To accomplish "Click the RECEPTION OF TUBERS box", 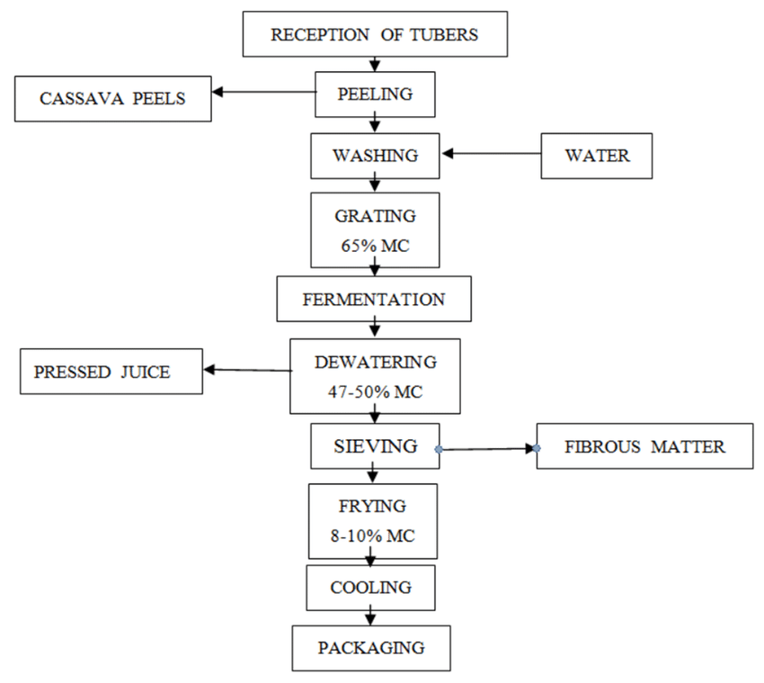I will (x=375, y=36).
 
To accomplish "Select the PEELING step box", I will (x=376, y=94).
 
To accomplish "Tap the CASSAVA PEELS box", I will (x=112, y=98).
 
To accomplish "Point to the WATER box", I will (x=597, y=155).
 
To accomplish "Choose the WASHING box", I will (x=375, y=155).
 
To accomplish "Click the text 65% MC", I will (x=375, y=245).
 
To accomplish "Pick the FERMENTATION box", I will (x=374, y=299).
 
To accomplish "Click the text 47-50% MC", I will (x=375, y=392).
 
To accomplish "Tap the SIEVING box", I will (x=375, y=445).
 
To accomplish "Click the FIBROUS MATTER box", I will (x=644, y=445).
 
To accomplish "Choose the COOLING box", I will (x=371, y=588).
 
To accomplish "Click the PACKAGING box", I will (x=370, y=646).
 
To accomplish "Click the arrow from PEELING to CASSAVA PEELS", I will (x=263, y=91).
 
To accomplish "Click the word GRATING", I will (x=375, y=217).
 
